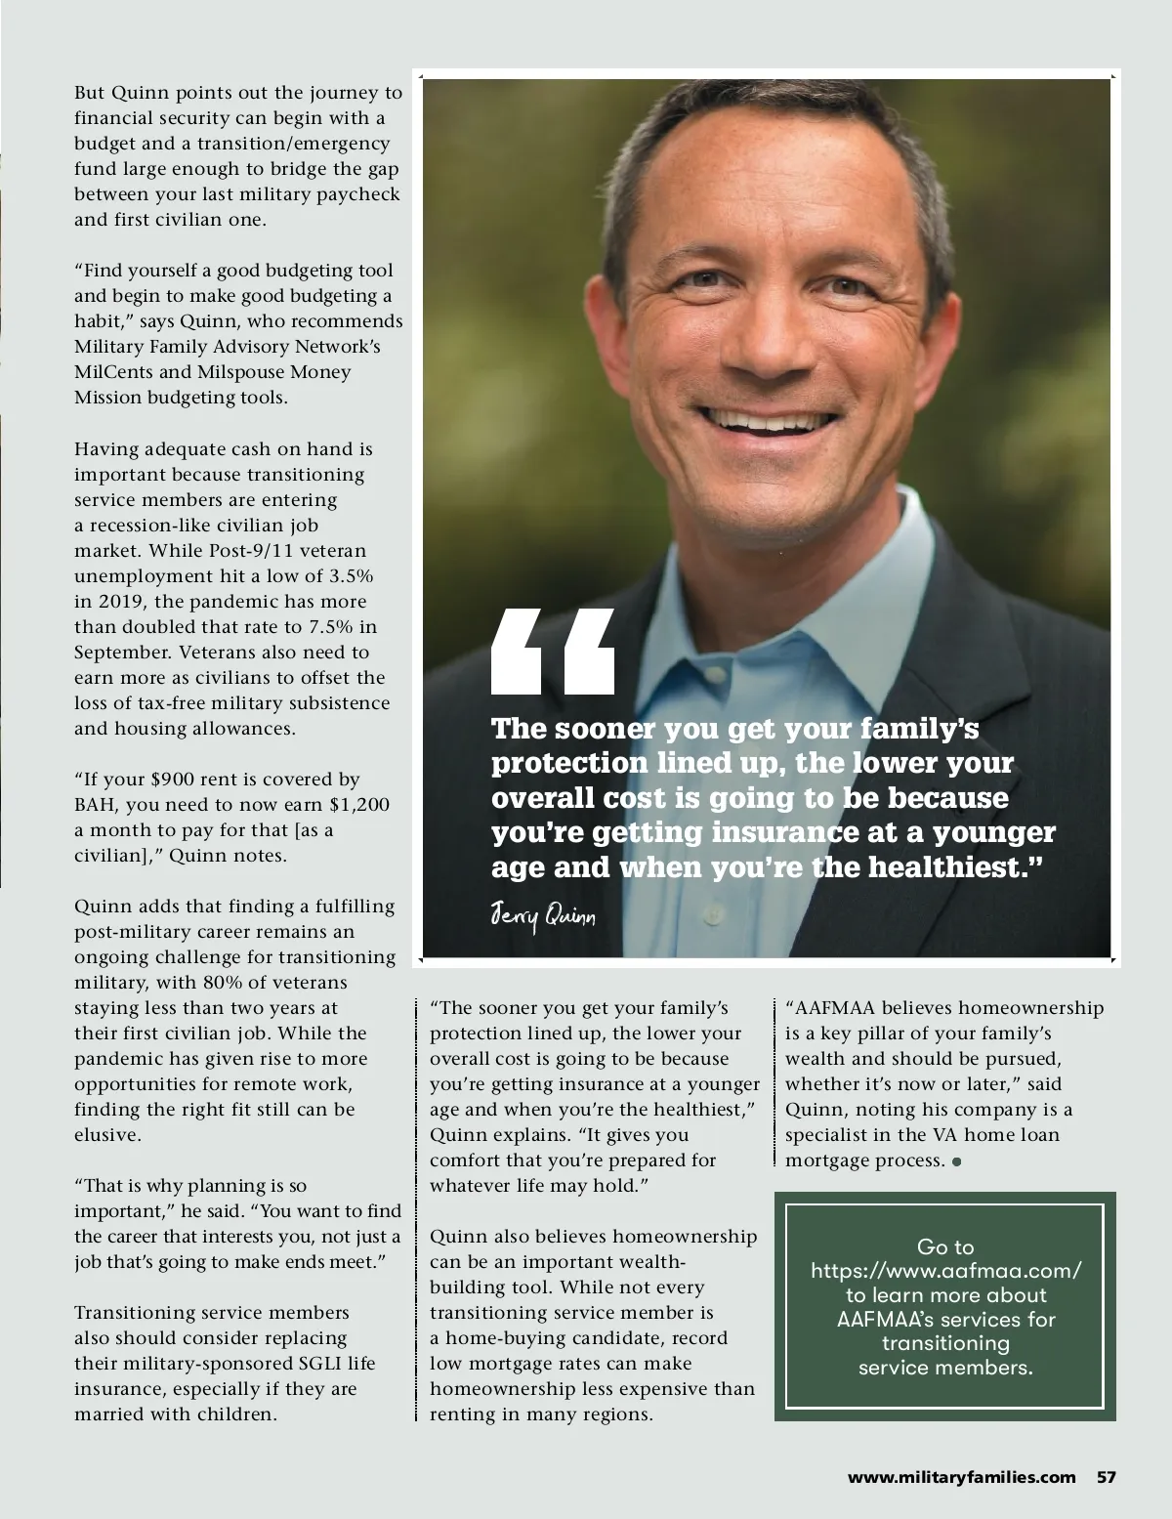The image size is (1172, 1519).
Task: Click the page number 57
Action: coord(1106,1477)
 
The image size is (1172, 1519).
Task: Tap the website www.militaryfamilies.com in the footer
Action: coord(962,1477)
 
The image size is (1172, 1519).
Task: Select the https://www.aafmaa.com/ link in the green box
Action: coord(945,1271)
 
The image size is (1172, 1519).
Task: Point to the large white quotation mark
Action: coord(553,651)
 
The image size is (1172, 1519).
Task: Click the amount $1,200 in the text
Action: coord(359,805)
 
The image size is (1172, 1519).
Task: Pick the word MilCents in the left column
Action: coord(115,372)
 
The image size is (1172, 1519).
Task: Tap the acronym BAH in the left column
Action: coord(96,805)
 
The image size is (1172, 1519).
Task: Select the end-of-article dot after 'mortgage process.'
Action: coord(956,1161)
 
